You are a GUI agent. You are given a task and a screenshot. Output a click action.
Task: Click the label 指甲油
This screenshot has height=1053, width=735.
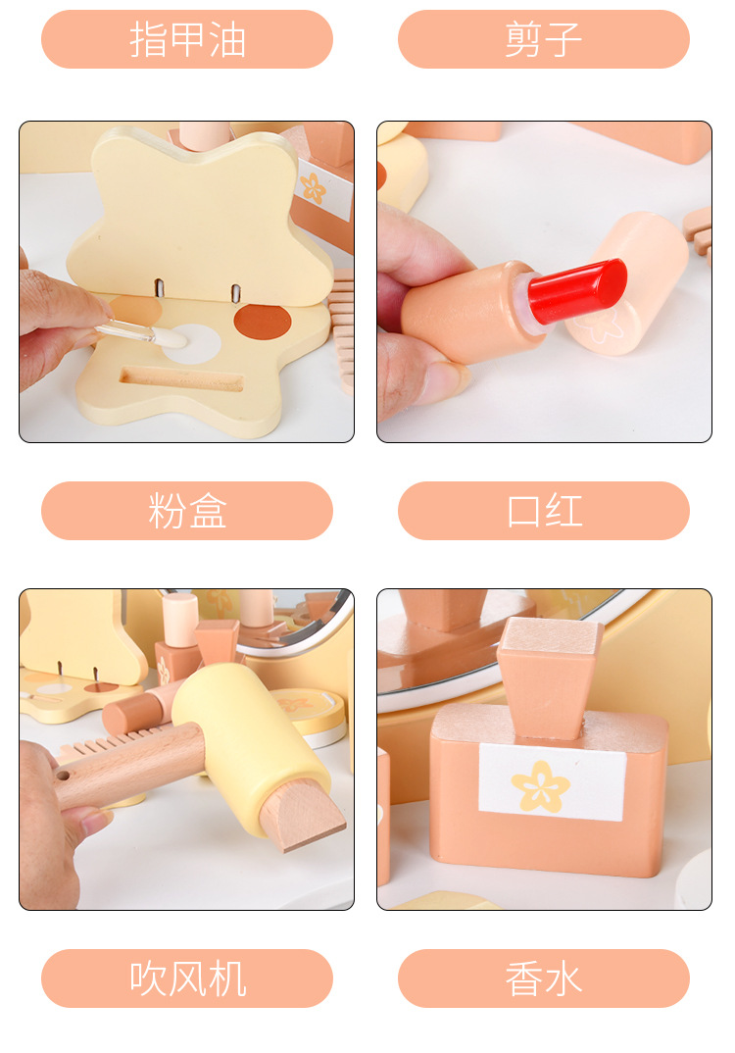pos(187,39)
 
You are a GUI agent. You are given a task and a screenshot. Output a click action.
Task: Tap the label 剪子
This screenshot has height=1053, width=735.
pos(544,39)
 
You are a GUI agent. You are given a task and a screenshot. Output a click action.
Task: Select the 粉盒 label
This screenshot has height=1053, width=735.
pos(187,511)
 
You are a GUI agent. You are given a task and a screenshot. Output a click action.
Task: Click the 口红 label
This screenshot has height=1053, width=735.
pos(544,511)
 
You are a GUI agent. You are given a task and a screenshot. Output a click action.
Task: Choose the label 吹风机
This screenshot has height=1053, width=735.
pos(187,978)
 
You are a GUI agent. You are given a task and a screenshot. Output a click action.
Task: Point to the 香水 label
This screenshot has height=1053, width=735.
pos(544,978)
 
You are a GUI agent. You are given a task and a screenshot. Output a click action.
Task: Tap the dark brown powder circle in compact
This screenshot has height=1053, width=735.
pos(263,319)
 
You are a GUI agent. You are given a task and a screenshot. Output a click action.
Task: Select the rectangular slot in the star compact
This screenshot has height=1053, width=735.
pos(181,377)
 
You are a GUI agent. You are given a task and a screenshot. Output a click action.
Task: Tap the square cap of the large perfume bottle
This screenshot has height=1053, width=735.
pos(549,677)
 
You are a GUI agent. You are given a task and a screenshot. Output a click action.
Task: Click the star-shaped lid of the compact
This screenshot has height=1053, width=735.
pos(201,211)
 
